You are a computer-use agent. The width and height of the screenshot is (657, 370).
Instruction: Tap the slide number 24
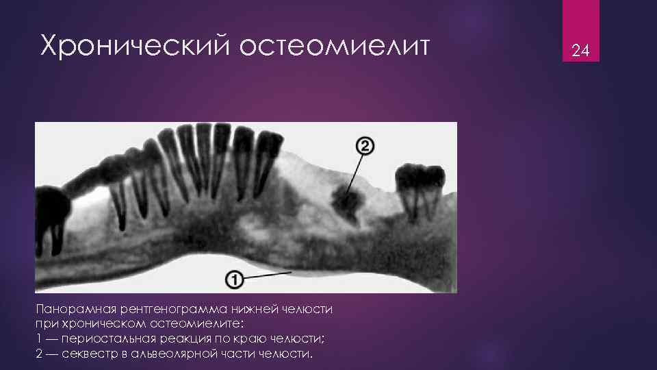pos(580,50)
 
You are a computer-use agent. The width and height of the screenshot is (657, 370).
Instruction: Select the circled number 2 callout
pos(365,145)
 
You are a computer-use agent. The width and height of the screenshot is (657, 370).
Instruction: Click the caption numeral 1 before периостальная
pos(38,339)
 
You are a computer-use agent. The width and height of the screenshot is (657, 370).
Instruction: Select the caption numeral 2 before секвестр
pos(38,354)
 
